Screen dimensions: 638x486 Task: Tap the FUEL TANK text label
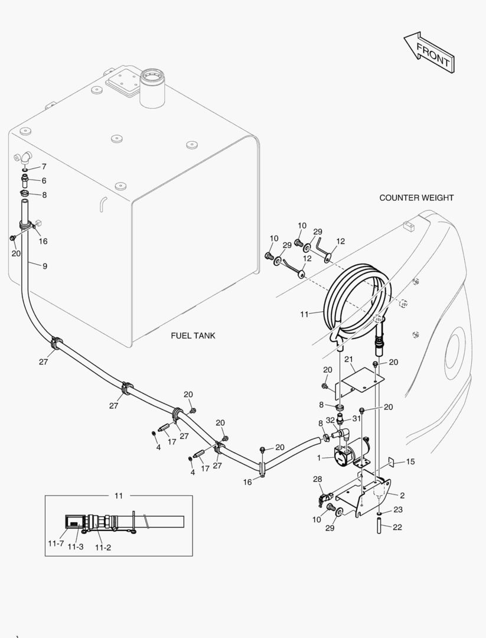coord(193,336)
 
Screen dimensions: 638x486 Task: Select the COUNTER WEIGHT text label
coord(416,198)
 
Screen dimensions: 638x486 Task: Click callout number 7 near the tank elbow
coord(44,167)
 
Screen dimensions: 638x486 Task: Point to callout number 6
coord(44,181)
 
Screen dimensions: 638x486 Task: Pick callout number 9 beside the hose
coord(44,266)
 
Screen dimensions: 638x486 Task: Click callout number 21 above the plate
coord(348,360)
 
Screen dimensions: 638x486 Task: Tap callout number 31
coord(356,418)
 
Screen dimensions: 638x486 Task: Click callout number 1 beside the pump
coord(319,458)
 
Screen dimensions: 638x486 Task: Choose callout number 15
coord(410,461)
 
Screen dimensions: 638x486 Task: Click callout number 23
coord(397,509)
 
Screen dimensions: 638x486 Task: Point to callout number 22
coord(397,527)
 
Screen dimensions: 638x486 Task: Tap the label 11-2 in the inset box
coord(103,547)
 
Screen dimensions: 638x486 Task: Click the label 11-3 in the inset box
coord(75,547)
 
